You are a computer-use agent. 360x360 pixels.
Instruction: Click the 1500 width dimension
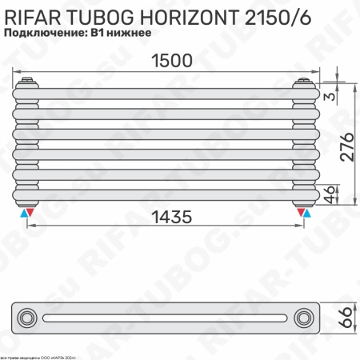tap(170, 61)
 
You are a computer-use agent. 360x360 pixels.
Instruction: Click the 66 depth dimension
tap(346, 318)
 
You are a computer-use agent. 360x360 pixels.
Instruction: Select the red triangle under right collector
tap(301, 214)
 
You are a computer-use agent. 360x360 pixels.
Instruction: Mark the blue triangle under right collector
tap(308, 214)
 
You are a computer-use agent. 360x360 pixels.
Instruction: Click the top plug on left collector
tap(29, 80)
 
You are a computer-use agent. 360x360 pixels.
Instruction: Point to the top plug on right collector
tap(304, 80)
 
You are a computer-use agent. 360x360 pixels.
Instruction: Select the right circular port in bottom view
tap(305, 318)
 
